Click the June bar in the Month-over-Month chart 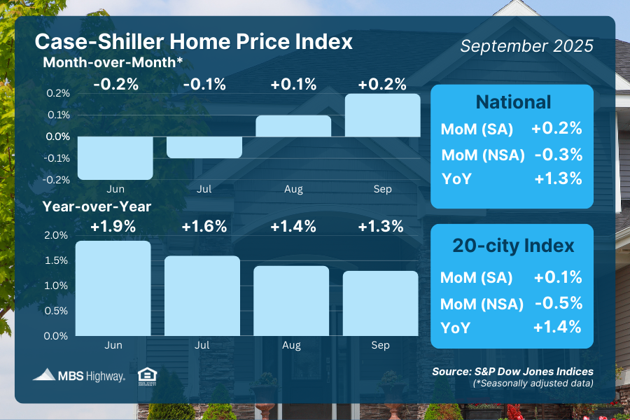click(x=115, y=157)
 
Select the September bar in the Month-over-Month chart click(x=382, y=115)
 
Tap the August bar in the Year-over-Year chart click(x=291, y=300)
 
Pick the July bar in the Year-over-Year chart click(x=202, y=295)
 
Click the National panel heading click(x=513, y=102)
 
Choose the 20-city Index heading click(x=513, y=246)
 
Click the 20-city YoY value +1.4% click(x=558, y=327)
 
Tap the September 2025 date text click(x=526, y=46)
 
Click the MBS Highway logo click(x=79, y=375)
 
